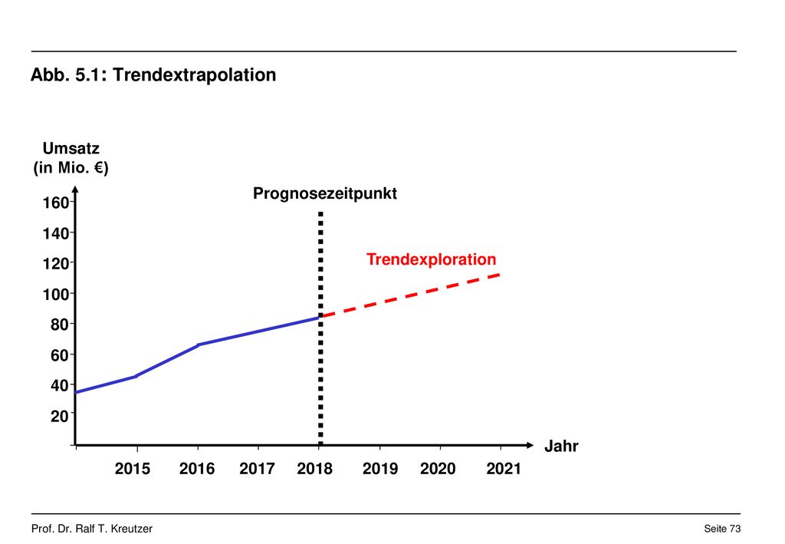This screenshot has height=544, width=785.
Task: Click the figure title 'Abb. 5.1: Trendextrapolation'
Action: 153,74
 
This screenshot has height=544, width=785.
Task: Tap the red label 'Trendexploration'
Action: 431,259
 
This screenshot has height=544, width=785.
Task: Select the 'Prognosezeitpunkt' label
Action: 325,193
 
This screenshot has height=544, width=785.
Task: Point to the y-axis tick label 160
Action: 55,203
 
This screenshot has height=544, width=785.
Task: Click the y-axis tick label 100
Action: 55,294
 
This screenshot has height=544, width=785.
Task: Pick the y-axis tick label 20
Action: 60,416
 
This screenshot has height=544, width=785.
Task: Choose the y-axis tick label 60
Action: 60,355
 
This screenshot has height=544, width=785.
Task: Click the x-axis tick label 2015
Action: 132,469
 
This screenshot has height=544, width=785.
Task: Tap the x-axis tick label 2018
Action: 314,469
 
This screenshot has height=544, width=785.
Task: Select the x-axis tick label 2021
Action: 504,469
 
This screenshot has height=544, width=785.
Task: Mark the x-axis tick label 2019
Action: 380,469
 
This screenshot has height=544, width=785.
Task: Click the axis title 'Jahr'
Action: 561,446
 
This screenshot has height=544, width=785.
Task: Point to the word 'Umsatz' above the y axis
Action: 71,148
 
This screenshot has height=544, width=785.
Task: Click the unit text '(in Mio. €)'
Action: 71,167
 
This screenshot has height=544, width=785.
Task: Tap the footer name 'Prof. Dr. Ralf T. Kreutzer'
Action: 92,529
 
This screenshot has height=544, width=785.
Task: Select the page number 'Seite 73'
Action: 722,529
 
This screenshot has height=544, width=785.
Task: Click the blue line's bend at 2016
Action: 199,345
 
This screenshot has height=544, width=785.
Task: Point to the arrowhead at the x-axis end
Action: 530,445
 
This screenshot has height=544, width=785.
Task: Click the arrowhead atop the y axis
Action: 75,190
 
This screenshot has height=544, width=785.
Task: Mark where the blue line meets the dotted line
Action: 320,317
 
